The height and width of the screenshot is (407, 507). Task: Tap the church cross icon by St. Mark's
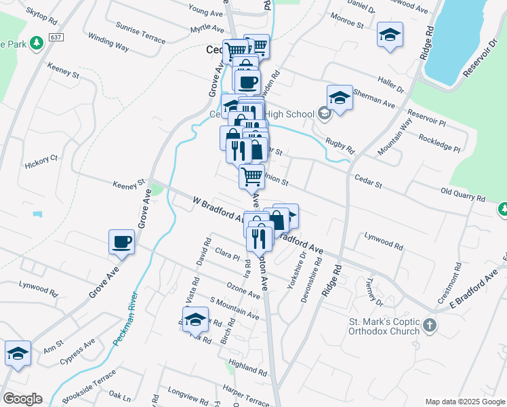tap(429, 326)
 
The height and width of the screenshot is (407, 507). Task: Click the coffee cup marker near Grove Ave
tap(122, 242)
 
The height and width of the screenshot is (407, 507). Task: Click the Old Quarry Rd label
tap(463, 195)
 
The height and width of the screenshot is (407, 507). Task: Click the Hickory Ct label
tap(41, 162)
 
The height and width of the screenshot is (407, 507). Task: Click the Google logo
tap(22, 398)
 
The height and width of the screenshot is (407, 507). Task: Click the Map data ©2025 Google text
tap(465, 402)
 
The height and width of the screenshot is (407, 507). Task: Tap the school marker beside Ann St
tap(18, 353)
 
